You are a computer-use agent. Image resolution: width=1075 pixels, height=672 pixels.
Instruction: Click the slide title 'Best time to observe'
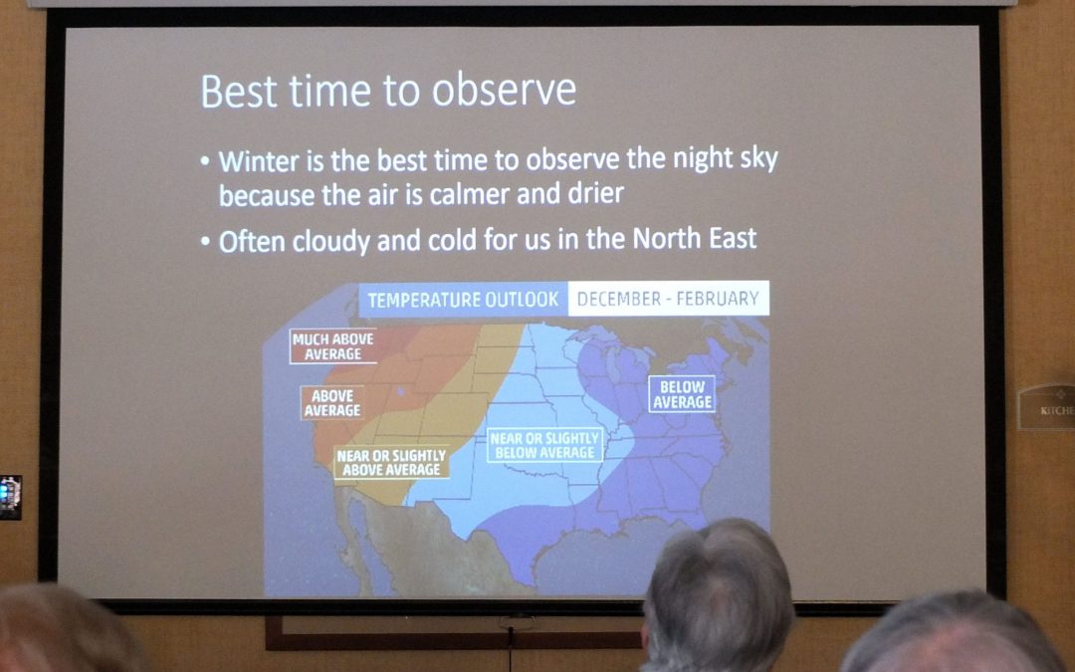[388, 91]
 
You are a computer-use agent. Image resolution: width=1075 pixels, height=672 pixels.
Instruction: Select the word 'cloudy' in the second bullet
[331, 242]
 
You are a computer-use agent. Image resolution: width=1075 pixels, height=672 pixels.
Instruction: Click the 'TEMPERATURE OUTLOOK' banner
[463, 300]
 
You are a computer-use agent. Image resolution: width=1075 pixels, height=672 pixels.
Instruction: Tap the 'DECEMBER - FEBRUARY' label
[669, 299]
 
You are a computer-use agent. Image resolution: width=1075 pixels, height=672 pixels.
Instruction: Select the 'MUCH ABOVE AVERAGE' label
[333, 346]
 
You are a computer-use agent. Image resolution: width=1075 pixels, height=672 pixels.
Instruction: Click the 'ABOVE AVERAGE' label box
[331, 403]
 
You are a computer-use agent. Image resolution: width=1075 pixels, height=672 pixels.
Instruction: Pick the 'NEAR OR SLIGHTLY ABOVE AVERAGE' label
[391, 463]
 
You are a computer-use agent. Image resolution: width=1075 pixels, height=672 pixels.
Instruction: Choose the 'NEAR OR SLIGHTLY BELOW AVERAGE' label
[545, 446]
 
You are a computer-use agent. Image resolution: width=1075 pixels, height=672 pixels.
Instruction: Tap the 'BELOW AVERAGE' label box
[682, 394]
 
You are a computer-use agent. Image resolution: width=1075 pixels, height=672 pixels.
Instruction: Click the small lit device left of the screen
[10, 497]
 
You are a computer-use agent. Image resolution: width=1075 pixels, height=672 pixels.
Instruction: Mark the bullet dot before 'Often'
[206, 242]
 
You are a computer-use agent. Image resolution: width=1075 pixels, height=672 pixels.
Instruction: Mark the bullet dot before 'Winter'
[206, 162]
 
